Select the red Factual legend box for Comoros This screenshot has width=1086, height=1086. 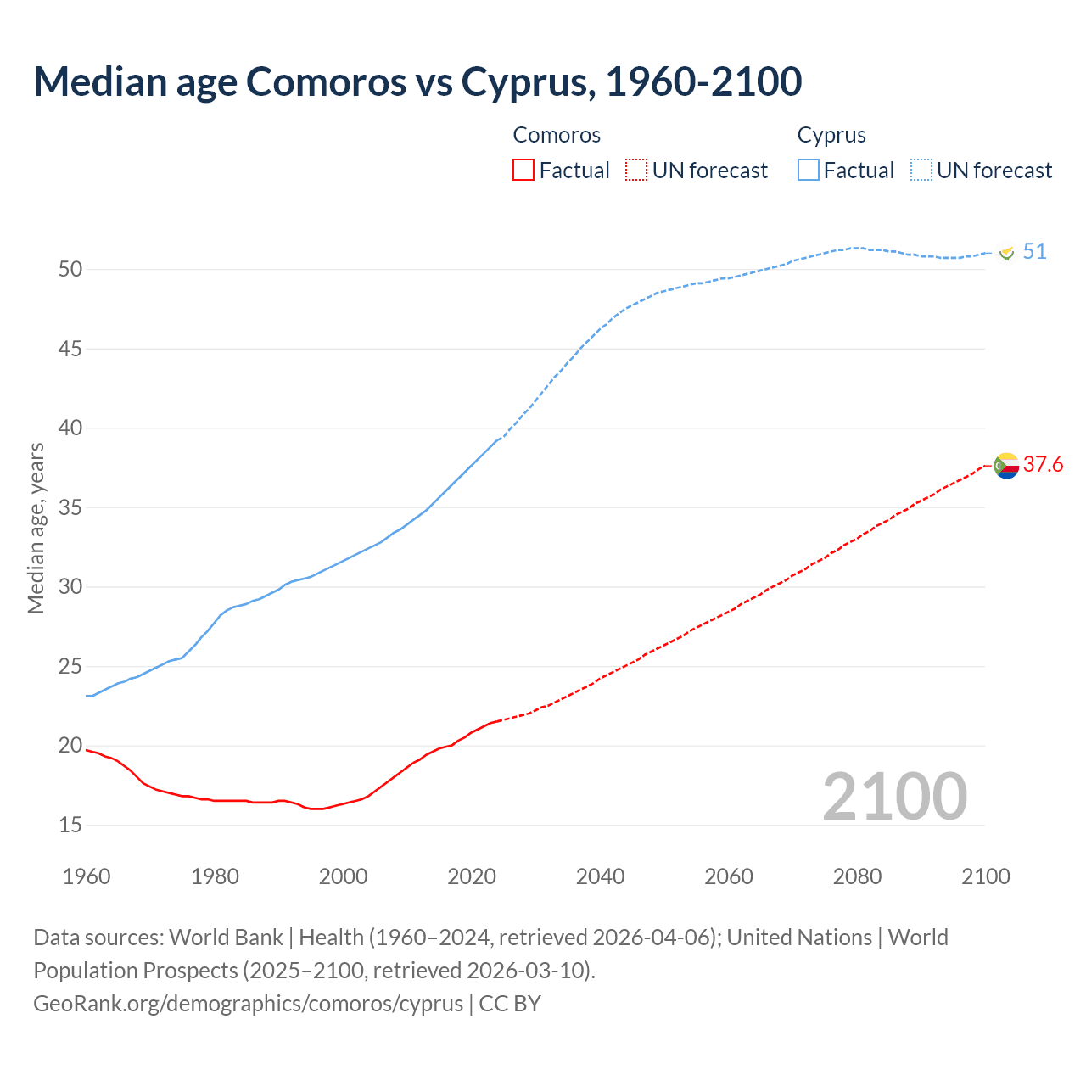coord(523,171)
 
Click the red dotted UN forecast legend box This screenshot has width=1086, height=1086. coord(636,171)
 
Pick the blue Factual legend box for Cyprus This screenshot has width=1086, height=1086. coord(808,171)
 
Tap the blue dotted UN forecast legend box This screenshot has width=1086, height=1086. coord(921,171)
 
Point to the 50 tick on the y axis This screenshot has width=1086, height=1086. coord(70,269)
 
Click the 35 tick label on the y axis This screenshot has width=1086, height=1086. coord(70,507)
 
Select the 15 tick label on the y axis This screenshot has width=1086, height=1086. coord(70,825)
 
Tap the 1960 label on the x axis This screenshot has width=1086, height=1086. coord(87,876)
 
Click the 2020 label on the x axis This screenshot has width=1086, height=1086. coord(472,876)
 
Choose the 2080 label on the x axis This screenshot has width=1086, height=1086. coord(857,876)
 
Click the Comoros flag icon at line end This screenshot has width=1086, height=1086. coord(1006,465)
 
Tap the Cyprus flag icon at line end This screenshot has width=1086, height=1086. coord(1006,252)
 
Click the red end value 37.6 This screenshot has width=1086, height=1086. coord(1043,464)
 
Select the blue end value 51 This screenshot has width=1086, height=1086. coord(1034,252)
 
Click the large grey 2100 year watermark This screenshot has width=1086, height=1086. coord(894,797)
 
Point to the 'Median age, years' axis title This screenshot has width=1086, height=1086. coord(36,528)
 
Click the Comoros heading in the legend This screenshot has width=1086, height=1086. coord(557,135)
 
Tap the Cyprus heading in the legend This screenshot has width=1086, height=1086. coord(831,135)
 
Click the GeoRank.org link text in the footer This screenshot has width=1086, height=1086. coord(249,1003)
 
